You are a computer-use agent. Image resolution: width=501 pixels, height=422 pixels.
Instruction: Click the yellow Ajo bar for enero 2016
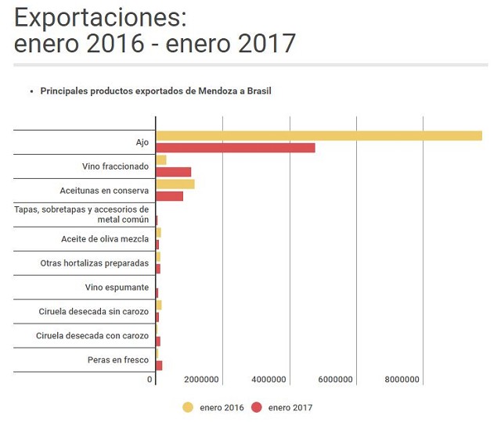point(319,136)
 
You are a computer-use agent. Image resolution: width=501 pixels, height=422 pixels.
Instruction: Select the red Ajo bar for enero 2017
point(235,148)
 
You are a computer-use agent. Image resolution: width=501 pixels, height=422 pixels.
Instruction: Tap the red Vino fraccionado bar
point(173,172)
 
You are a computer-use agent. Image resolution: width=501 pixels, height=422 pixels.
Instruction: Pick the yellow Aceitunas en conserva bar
point(175,184)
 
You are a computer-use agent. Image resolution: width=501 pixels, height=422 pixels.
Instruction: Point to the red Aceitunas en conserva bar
point(169,196)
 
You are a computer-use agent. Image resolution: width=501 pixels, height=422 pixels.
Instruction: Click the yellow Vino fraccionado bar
point(161,160)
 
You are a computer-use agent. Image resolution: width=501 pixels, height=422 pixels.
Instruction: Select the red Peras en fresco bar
point(159,366)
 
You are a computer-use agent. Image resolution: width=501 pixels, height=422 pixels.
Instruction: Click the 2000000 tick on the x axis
point(201,380)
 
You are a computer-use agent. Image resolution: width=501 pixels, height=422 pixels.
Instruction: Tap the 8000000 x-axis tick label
point(402,380)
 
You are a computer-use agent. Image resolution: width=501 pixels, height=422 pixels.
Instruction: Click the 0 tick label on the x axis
point(150,380)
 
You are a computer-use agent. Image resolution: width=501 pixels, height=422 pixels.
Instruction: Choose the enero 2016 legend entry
point(213,407)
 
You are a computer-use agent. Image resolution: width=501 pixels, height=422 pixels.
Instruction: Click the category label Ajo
point(142,142)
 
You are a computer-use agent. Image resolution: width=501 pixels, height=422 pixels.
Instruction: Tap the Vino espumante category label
point(117,288)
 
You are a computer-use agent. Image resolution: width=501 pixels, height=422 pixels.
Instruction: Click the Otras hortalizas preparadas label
point(95,263)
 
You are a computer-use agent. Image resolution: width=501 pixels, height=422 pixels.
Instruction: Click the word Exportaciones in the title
point(100,16)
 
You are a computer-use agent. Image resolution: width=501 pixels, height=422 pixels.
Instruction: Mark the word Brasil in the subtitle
point(257,91)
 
